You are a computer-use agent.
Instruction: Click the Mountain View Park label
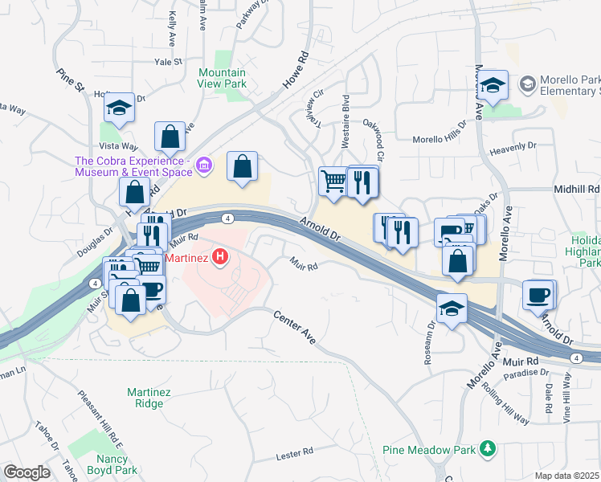pyautogui.click(x=223, y=78)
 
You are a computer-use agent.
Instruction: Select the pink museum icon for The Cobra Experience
pyautogui.click(x=204, y=165)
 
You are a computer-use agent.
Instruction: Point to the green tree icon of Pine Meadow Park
pyautogui.click(x=486, y=447)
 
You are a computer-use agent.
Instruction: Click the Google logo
pyautogui.click(x=26, y=472)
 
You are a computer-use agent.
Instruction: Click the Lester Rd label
pyautogui.click(x=293, y=455)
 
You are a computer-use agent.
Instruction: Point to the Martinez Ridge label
pyautogui.click(x=145, y=398)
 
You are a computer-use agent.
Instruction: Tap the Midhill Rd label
pyautogui.click(x=577, y=189)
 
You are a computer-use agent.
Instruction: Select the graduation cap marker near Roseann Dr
pyautogui.click(x=452, y=308)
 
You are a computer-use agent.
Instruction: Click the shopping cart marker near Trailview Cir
pyautogui.click(x=333, y=180)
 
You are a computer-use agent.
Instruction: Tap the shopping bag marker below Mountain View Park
pyautogui.click(x=242, y=166)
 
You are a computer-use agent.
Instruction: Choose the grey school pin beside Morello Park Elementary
pyautogui.click(x=527, y=84)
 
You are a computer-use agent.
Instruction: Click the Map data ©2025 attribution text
pyautogui.click(x=567, y=476)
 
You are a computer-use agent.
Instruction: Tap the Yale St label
pyautogui.click(x=170, y=61)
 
